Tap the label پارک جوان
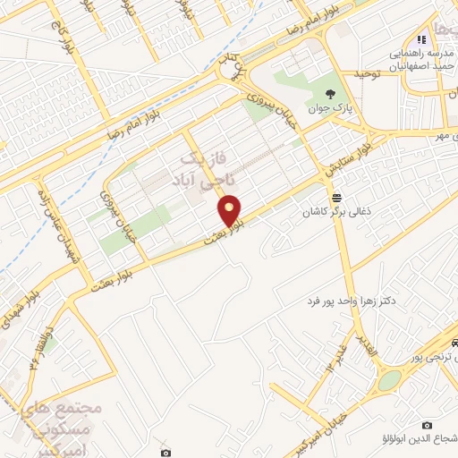[326, 108]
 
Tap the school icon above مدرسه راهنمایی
[420, 39]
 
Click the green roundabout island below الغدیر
[388, 380]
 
